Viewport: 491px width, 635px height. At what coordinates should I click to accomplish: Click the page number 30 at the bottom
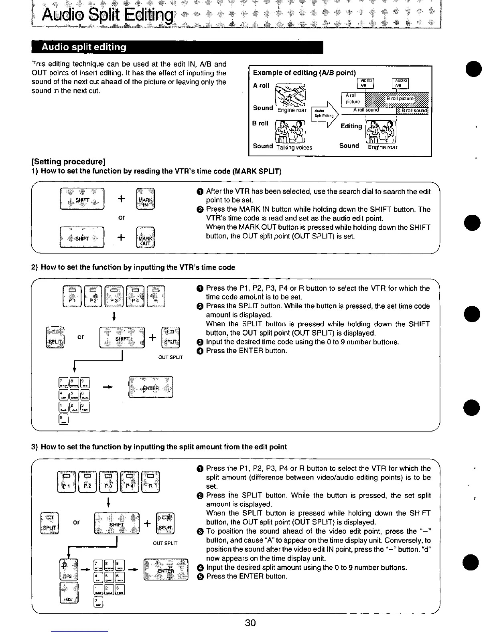(x=250, y=623)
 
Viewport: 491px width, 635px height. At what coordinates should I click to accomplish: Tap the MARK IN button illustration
(x=143, y=199)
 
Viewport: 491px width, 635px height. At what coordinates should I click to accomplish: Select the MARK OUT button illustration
(x=144, y=238)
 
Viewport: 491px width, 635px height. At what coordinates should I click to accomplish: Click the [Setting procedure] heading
(x=68, y=162)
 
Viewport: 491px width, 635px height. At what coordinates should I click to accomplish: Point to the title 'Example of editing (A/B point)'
(x=304, y=73)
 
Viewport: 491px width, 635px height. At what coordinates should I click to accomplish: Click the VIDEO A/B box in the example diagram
(x=365, y=83)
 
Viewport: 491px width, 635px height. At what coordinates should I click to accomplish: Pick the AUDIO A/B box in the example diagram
(x=399, y=83)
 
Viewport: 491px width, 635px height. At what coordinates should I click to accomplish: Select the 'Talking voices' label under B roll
(x=294, y=148)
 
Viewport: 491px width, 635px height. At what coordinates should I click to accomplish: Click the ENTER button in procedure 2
(x=150, y=387)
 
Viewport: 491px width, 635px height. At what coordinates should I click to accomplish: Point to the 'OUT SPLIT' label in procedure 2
(x=170, y=357)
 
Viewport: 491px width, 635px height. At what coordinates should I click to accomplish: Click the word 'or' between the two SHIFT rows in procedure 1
(x=122, y=217)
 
